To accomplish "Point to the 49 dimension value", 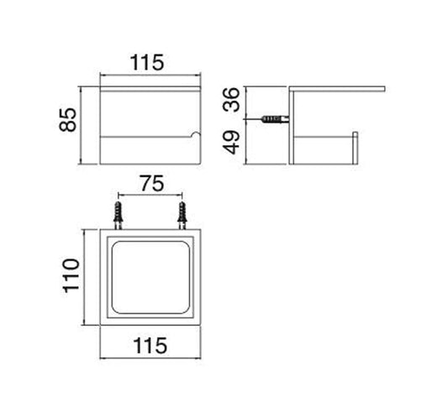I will pos(236,144).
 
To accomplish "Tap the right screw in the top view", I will pos(181,215).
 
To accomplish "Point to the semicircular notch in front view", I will pos(198,134).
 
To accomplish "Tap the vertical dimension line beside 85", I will pos(82,124).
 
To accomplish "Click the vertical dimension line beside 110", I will pos(83,277).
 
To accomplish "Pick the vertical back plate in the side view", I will pos(290,126).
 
